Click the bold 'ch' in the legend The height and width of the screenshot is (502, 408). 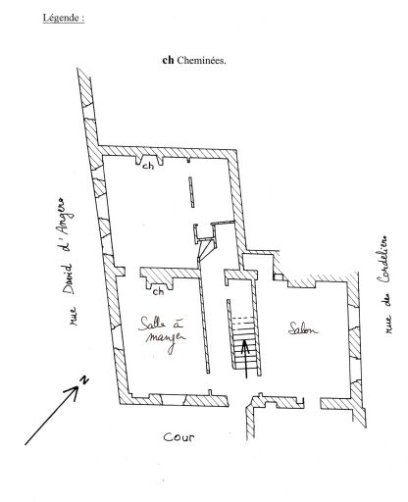pos(168,60)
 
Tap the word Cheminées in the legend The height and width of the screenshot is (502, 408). pos(201,60)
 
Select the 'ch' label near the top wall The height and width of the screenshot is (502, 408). pos(148,166)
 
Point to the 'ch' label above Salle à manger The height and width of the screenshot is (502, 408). pos(159,291)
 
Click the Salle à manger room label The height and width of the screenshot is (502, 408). pos(162,333)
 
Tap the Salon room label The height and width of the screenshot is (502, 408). pos(303,328)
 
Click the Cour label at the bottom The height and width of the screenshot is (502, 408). pos(178,437)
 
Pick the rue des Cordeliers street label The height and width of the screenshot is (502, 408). pos(383,284)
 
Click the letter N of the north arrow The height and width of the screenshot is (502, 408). pos(84,379)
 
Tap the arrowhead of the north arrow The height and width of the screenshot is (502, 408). pos(75,391)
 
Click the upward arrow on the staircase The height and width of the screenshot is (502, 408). pos(245,359)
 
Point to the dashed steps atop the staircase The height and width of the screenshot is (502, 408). pos(242,321)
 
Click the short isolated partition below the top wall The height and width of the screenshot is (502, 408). pos(191,192)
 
